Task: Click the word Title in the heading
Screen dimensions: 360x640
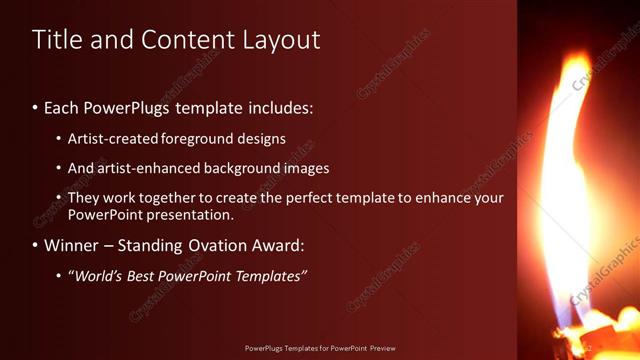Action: point(58,40)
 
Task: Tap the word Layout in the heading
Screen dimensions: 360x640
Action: point(281,40)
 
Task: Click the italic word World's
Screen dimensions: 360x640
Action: point(98,276)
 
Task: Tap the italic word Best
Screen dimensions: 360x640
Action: point(145,276)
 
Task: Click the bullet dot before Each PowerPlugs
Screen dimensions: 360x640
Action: point(36,107)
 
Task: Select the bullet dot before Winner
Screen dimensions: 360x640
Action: point(36,245)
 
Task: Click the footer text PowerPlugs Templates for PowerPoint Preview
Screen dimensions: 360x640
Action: point(320,348)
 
